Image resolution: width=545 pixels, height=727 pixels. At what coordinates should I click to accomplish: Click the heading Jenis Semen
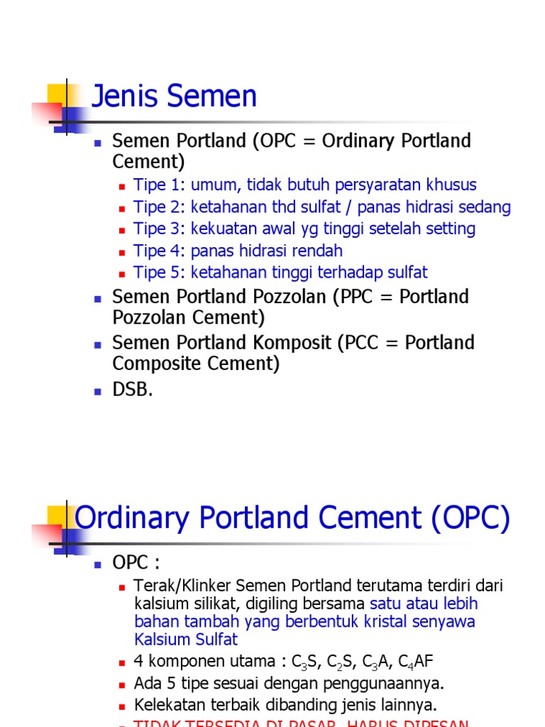coord(175,97)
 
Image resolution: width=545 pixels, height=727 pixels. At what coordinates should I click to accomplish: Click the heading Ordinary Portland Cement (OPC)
coord(292,518)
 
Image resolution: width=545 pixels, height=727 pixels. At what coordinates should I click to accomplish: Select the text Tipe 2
coord(160,207)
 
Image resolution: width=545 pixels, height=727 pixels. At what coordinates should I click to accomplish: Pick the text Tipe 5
coord(160,273)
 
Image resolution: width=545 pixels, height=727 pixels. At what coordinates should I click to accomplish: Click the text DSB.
coord(133,390)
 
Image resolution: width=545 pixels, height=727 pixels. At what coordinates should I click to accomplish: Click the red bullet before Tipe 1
coord(122,186)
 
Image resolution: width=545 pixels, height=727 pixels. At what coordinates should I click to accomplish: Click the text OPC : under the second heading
coord(136,563)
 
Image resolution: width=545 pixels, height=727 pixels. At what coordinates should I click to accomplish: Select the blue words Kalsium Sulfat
coord(186,639)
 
